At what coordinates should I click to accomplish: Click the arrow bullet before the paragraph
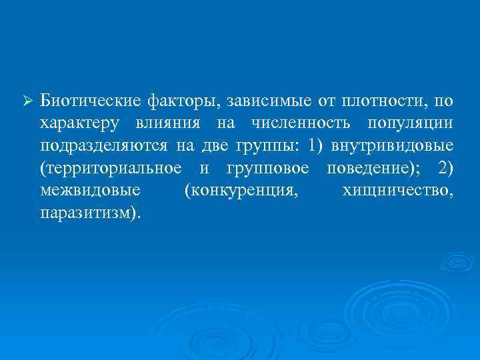click(27, 101)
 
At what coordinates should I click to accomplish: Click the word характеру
click(81, 125)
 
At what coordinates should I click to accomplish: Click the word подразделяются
click(103, 147)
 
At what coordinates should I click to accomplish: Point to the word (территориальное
click(110, 169)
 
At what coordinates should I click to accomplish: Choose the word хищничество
click(398, 191)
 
